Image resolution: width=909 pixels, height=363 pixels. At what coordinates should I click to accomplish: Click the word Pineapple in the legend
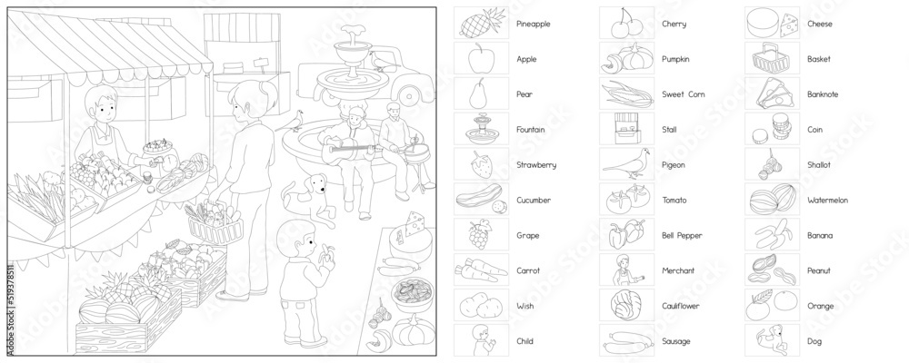533,24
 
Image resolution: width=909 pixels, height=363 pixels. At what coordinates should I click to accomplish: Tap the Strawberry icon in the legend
481,164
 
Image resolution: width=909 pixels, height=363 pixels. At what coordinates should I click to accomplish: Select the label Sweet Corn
683,94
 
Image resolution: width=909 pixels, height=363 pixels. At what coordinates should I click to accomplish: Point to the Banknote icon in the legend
772,94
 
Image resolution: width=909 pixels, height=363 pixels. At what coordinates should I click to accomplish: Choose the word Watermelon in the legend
827,201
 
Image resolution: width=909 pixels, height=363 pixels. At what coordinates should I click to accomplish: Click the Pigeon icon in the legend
626,164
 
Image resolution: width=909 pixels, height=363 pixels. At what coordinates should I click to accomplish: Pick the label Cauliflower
681,306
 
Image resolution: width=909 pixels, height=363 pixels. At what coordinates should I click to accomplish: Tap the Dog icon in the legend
773,340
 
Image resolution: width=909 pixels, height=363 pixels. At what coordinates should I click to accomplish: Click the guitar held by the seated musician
348,151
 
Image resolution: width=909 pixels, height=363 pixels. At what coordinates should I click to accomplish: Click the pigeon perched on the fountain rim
297,120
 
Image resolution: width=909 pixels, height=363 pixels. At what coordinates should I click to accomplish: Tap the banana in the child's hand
328,253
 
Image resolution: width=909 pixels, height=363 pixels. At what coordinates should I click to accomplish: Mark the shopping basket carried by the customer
215,226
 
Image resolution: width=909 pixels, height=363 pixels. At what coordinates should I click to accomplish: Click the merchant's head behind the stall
101,104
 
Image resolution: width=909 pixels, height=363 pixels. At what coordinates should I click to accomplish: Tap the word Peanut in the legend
819,270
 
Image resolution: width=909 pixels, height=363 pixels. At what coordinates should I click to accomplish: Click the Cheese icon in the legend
772,24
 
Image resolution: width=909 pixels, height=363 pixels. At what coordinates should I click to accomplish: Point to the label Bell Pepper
682,236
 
